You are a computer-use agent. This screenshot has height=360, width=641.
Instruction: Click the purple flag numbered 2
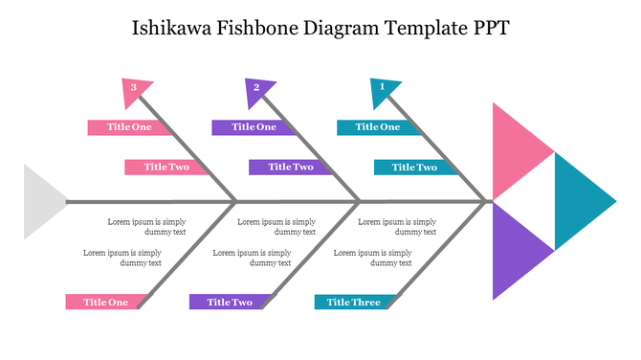(258, 91)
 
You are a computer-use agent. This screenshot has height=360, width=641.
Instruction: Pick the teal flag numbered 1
(383, 91)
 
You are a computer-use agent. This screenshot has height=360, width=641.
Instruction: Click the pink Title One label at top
(128, 126)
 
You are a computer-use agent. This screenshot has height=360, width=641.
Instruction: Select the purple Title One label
(253, 126)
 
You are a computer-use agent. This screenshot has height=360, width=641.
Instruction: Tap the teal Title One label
(377, 126)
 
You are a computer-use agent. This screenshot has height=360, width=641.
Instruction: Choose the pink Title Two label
(166, 167)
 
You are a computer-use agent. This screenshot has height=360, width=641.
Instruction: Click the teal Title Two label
(413, 167)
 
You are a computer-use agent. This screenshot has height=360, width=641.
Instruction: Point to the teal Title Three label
(352, 303)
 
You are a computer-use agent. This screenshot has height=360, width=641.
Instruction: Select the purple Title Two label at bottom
(229, 303)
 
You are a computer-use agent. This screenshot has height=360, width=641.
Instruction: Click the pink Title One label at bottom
(104, 303)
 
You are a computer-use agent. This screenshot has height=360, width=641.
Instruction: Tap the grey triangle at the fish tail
(39, 201)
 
